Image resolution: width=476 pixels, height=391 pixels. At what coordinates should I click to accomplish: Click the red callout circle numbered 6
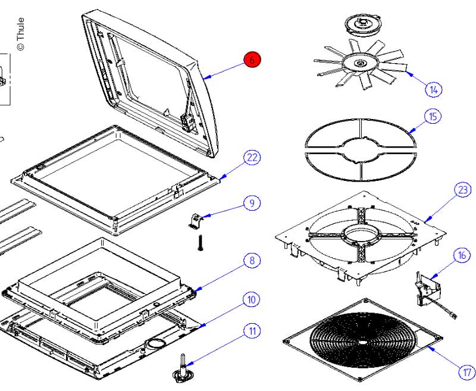pyautogui.click(x=252, y=60)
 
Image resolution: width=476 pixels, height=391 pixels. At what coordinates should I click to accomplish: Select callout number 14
pyautogui.click(x=434, y=89)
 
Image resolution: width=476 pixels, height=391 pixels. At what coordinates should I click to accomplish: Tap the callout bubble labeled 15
pyautogui.click(x=433, y=116)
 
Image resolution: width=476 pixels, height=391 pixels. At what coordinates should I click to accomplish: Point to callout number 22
pyautogui.click(x=252, y=158)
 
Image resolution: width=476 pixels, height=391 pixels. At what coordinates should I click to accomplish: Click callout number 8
pyautogui.click(x=252, y=260)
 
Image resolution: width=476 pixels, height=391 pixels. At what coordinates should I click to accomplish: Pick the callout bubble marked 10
pyautogui.click(x=252, y=299)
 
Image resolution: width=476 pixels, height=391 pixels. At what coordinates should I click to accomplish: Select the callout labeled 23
pyautogui.click(x=462, y=190)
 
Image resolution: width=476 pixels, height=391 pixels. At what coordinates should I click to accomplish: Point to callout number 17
pyautogui.click(x=466, y=373)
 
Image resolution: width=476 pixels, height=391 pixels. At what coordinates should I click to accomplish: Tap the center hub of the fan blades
pyautogui.click(x=360, y=62)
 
